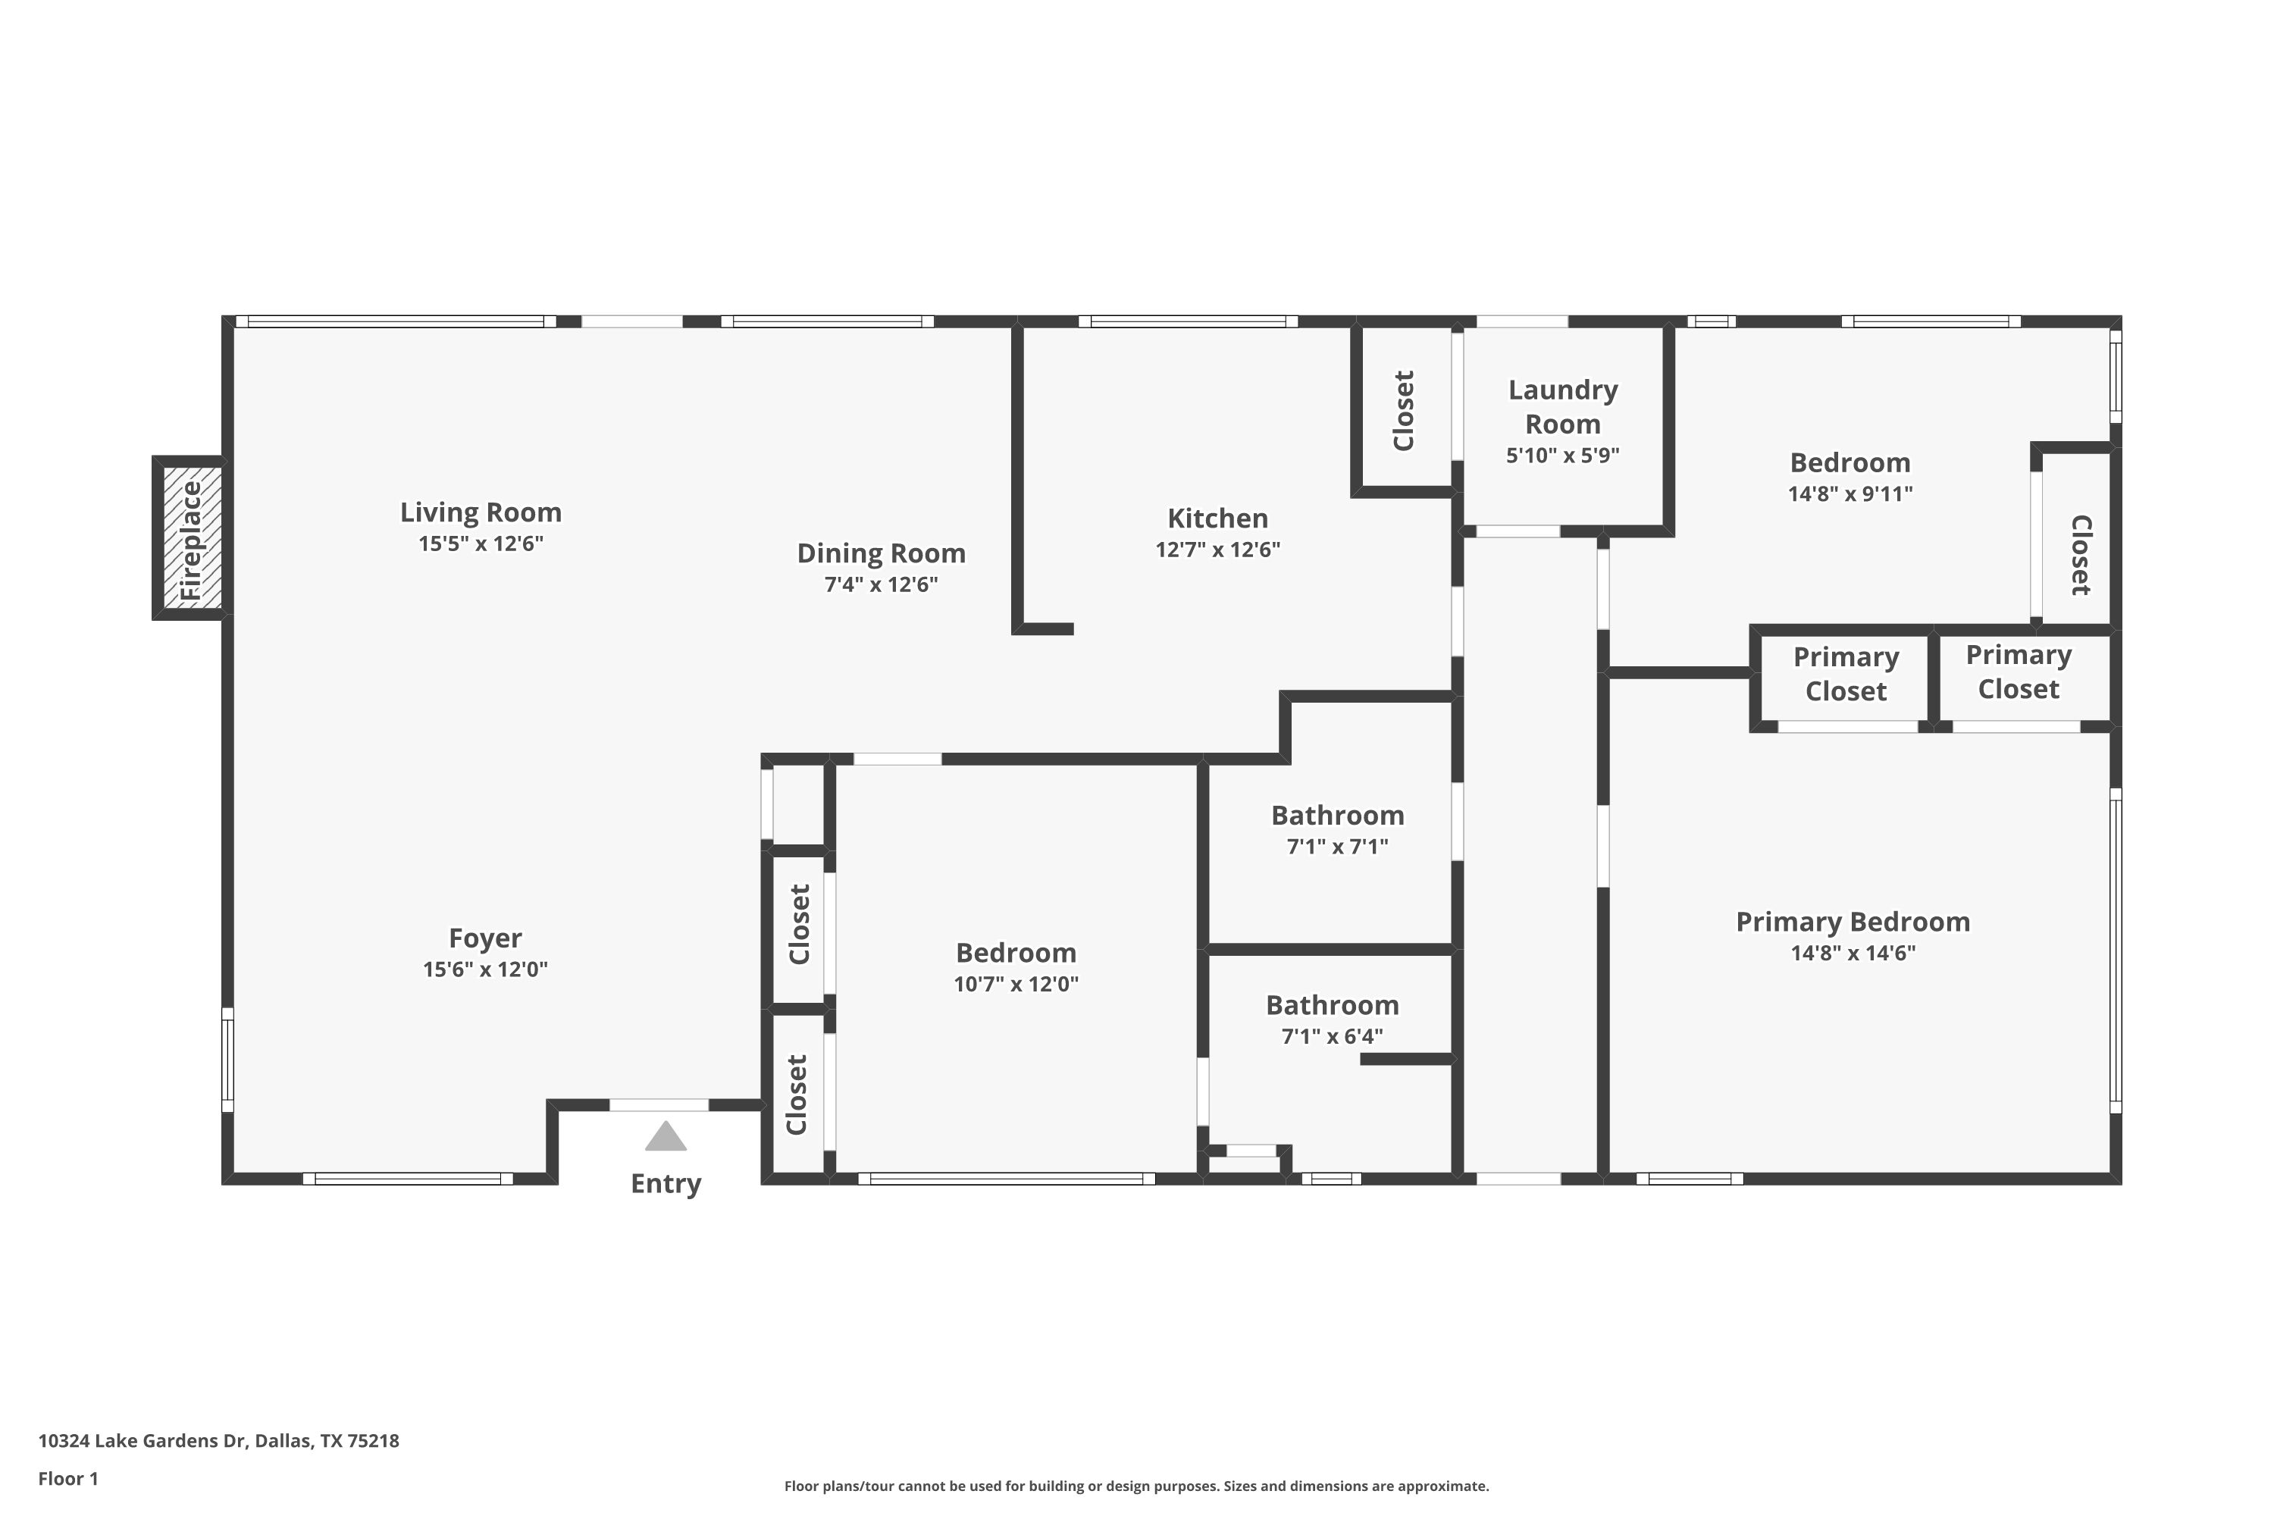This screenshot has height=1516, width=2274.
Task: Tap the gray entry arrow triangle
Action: coord(666,1137)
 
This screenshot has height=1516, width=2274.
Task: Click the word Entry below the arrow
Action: coord(666,1183)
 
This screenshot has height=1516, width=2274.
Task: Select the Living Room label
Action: coord(481,512)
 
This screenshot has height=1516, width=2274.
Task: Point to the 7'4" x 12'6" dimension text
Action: coord(881,584)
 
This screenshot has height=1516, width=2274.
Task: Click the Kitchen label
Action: coord(1217,518)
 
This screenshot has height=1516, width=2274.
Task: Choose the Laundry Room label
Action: coord(1562,407)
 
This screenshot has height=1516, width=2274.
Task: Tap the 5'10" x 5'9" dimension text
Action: coord(1562,456)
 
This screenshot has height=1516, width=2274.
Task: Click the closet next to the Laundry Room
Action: coord(1404,410)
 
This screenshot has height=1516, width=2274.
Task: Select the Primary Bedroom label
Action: coord(1853,922)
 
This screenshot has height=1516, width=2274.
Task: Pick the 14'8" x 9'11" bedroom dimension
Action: coord(1850,494)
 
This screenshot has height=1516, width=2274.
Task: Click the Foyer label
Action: coord(484,938)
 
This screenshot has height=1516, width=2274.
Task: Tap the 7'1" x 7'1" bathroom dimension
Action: coord(1337,847)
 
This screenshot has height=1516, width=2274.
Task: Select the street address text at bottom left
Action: coord(218,1441)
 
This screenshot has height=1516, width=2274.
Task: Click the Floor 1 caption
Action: coord(67,1478)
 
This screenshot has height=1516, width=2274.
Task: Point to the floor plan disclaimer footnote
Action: coord(1136,1486)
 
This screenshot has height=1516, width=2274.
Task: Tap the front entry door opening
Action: coord(659,1105)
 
